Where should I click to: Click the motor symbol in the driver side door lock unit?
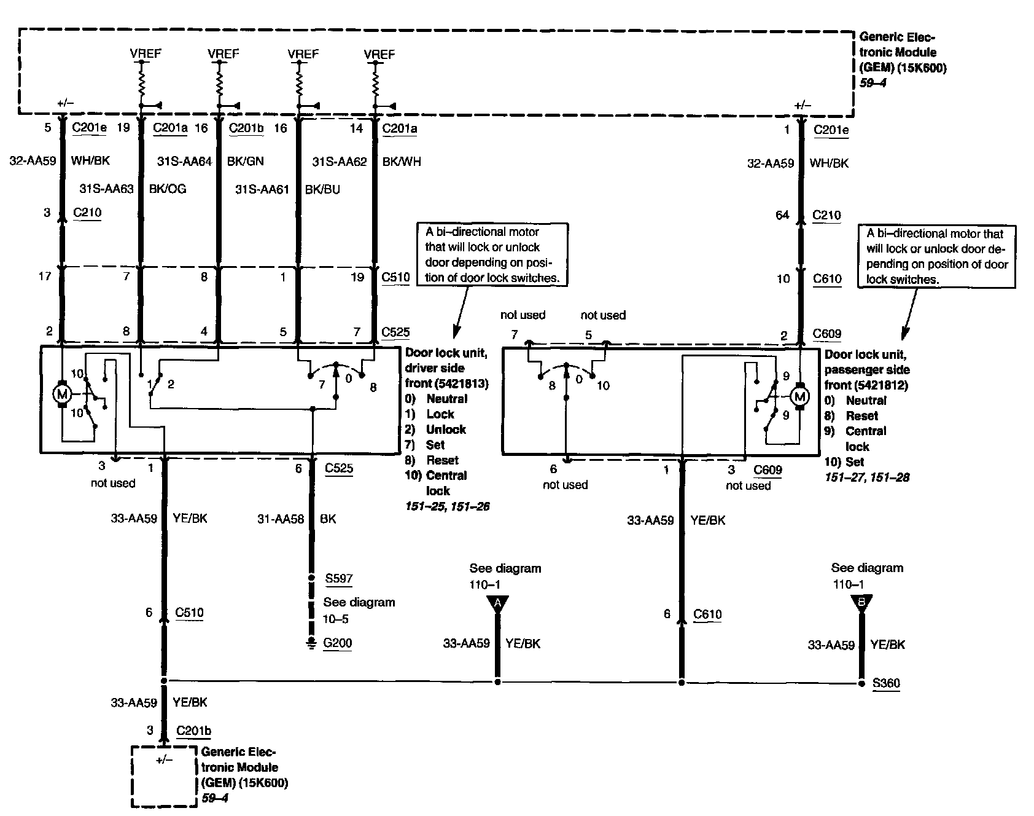61,394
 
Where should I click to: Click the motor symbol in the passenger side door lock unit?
799,396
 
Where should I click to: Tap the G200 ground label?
338,643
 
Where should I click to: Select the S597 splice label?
339,578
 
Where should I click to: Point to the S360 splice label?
886,683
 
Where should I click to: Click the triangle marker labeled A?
497,604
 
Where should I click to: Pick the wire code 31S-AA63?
106,189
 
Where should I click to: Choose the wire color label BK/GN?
246,162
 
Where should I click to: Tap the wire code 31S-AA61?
262,190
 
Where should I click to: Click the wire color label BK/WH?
402,162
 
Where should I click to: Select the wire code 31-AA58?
281,519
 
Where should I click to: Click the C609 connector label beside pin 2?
827,334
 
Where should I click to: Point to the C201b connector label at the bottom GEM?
193,731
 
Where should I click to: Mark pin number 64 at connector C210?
782,215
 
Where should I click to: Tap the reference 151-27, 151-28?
866,477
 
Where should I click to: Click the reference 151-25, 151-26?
447,507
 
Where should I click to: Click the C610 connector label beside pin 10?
827,279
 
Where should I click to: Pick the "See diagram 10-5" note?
359,610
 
